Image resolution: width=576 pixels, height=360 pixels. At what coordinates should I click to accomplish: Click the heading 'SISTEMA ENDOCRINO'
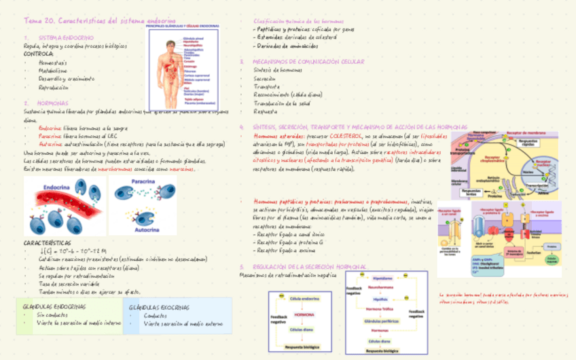coord(67,37)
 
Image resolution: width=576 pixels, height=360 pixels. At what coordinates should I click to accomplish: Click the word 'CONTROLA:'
coord(39,54)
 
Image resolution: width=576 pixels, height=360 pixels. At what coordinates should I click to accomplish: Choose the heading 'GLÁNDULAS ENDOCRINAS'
coord(54,306)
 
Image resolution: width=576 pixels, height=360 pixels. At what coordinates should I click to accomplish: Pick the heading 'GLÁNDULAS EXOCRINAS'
coord(160,307)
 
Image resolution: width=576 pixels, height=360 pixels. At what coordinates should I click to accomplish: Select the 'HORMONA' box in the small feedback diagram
coord(304,315)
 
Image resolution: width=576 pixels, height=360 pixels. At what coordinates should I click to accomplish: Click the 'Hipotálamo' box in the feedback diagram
coord(383,278)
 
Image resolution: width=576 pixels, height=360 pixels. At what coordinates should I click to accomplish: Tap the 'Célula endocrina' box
coord(304,299)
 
